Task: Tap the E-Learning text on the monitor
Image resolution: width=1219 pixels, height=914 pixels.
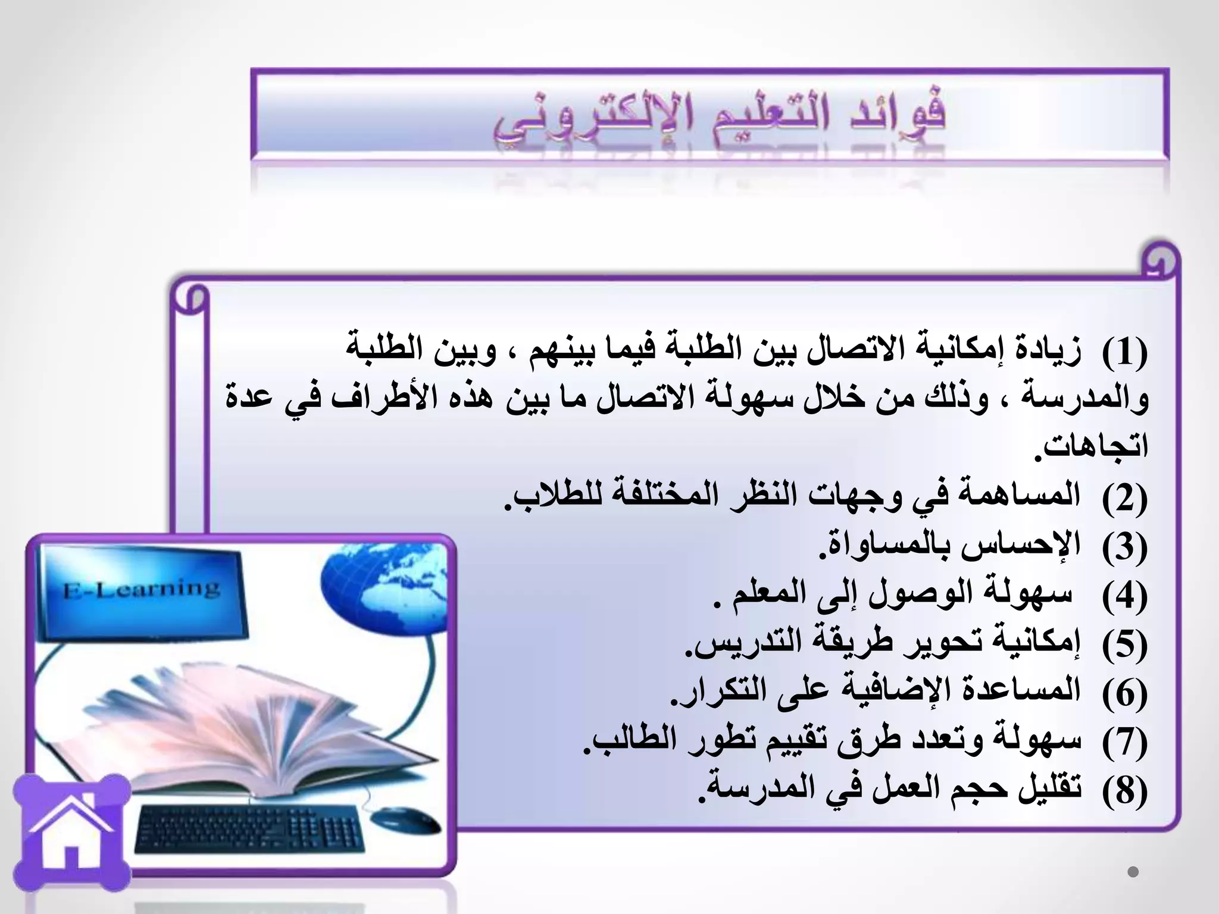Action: click(x=142, y=590)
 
